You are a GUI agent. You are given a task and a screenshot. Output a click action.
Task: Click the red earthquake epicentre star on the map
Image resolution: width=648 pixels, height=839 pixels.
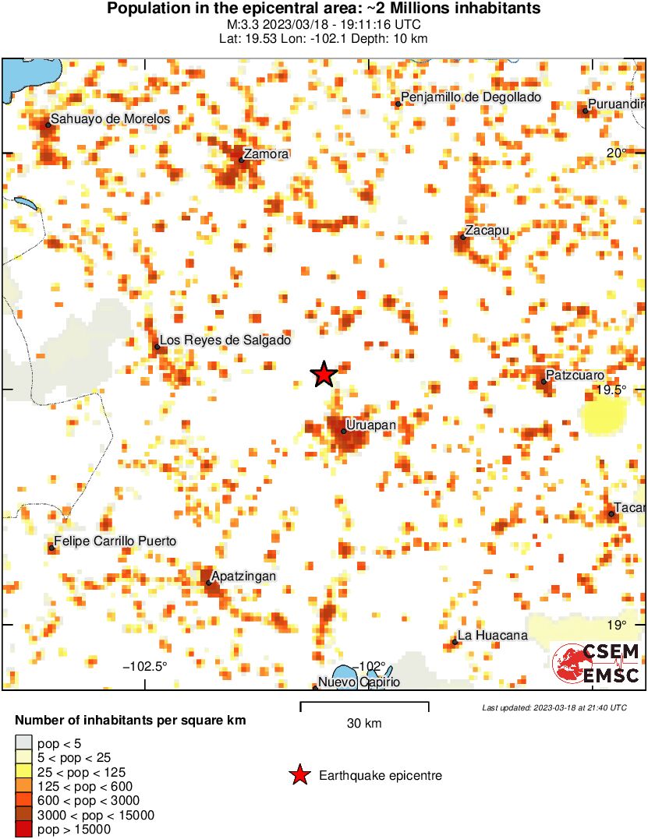pyautogui.click(x=324, y=375)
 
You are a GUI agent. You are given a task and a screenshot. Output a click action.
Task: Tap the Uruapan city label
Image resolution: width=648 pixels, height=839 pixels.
pyautogui.click(x=371, y=425)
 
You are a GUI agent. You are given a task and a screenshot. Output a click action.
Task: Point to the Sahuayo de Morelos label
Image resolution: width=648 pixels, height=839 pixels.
pyautogui.click(x=110, y=119)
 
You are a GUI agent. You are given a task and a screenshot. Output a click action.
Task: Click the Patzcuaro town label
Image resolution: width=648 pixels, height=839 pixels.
pyautogui.click(x=575, y=375)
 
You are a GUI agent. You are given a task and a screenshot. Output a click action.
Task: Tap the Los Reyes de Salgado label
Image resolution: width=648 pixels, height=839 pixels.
pyautogui.click(x=225, y=340)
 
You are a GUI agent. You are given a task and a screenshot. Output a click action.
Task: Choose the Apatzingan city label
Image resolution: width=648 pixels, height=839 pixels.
pyautogui.click(x=244, y=576)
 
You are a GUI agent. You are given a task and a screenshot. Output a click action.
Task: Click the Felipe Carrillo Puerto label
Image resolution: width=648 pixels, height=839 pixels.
pyautogui.click(x=115, y=541)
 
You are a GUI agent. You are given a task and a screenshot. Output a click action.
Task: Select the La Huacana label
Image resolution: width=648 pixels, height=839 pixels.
pyautogui.click(x=493, y=636)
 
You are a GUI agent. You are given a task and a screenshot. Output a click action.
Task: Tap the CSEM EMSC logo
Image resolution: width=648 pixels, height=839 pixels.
pyautogui.click(x=596, y=664)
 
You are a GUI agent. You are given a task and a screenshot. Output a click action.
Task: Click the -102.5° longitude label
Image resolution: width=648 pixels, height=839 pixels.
pyautogui.click(x=146, y=666)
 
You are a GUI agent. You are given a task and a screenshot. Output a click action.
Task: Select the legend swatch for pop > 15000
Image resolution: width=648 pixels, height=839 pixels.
pyautogui.click(x=24, y=830)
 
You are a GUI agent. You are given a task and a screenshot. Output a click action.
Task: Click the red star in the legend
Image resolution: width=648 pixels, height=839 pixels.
pyautogui.click(x=299, y=775)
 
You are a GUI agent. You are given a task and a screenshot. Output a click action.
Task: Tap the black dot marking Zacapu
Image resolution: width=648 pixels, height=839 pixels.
pyautogui.click(x=462, y=237)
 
